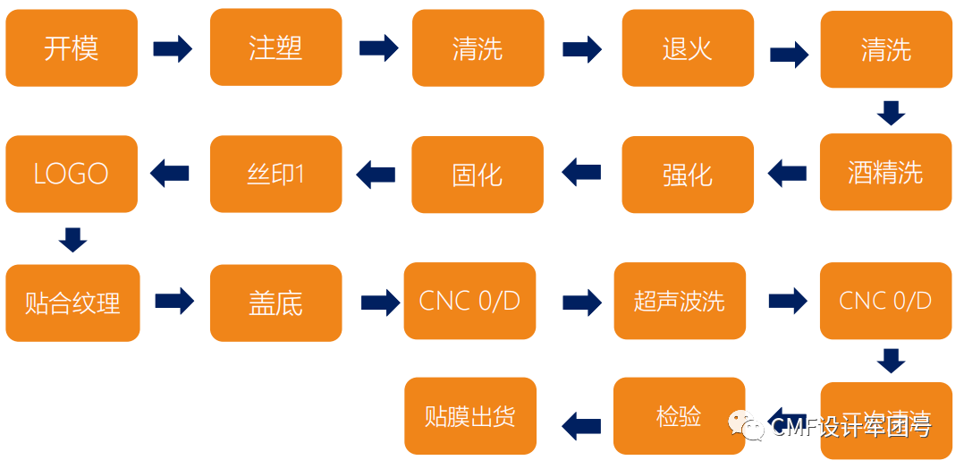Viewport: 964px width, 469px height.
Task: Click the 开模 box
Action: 72,48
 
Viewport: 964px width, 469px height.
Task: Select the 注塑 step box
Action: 275,47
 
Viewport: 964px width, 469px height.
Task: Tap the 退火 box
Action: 687,48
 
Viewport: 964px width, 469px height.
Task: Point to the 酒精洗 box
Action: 885,172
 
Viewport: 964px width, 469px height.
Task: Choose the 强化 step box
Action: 687,175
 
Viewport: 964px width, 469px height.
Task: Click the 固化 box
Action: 477,175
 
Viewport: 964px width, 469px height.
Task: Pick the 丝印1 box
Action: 275,174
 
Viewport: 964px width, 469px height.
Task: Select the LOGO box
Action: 72,174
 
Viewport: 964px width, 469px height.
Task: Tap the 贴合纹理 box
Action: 72,303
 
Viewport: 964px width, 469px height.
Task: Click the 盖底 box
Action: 275,303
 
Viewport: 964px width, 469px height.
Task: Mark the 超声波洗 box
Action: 679,301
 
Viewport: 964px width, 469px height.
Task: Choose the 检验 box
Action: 679,416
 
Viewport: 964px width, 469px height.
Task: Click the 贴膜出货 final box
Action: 470,416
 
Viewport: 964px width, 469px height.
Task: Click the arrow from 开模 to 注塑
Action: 173,48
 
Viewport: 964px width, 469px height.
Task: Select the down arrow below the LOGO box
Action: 72,239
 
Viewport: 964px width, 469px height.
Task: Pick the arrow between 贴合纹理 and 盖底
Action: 174,302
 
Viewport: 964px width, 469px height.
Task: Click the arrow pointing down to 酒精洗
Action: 890,113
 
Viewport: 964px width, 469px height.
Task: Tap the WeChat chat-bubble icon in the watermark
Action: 748,425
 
